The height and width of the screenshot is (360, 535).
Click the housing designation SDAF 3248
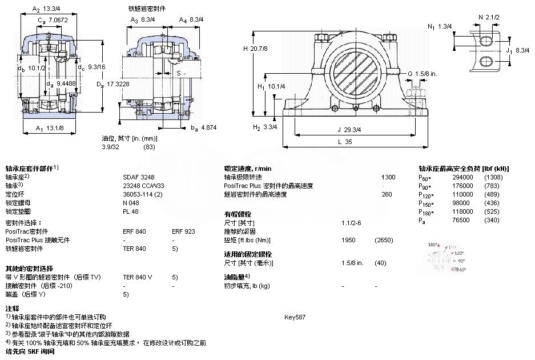pos(136,177)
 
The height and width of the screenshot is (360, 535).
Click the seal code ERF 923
pos(183,232)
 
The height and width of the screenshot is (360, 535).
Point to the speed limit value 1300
pos(388,177)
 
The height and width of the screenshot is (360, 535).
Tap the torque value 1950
pos(348,240)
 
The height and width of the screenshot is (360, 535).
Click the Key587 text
pos(295,317)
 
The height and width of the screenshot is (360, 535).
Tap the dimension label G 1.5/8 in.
pos(422,74)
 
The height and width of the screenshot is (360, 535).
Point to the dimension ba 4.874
pos(203,129)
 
